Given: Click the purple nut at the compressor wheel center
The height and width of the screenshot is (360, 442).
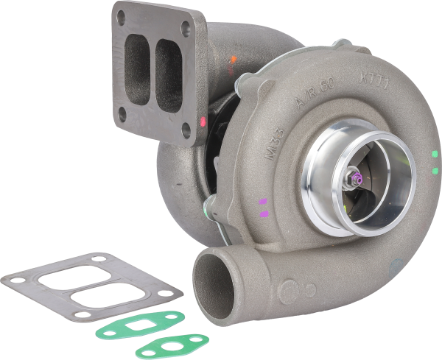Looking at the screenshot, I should [x=357, y=177].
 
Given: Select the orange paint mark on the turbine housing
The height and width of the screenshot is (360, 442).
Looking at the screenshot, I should [x=233, y=58].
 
